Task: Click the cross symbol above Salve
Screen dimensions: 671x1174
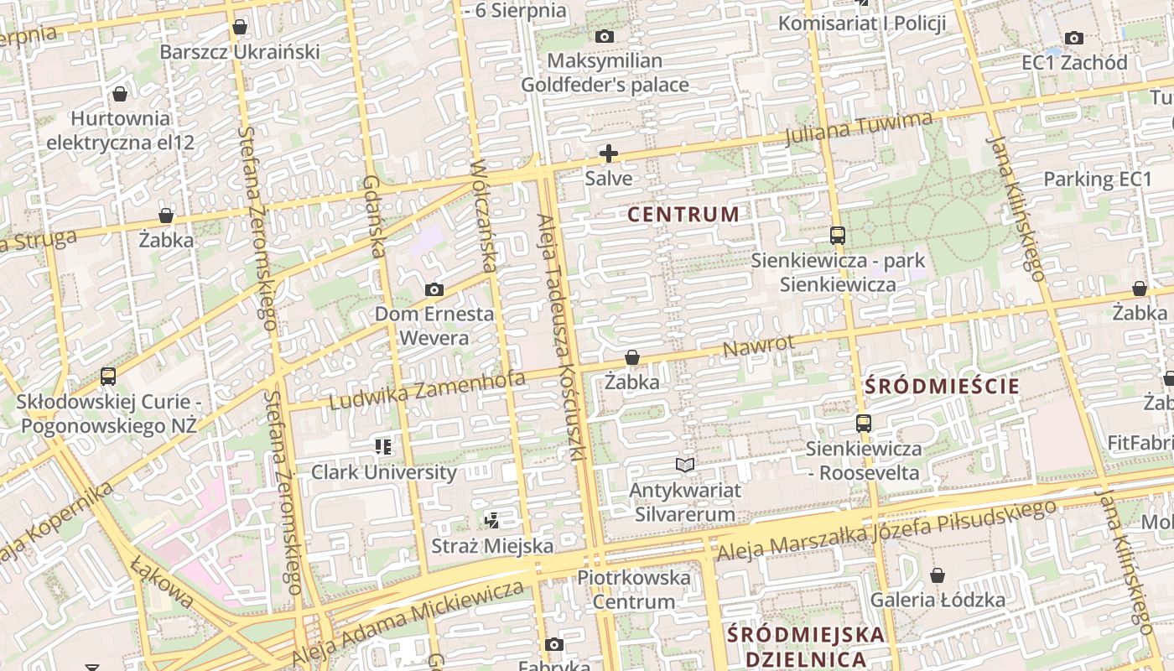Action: (609, 153)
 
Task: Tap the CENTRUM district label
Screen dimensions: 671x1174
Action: (683, 215)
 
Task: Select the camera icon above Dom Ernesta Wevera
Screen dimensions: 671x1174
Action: (434, 290)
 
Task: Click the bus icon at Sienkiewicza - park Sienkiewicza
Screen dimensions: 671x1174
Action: (837, 236)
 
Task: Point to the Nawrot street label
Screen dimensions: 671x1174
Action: (758, 346)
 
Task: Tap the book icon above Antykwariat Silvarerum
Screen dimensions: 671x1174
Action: (685, 465)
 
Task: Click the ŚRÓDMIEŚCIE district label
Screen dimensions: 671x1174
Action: (942, 387)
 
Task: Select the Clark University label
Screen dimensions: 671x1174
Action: (384, 472)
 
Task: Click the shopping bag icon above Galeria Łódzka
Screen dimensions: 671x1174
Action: (938, 575)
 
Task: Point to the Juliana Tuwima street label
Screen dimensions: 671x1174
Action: (859, 128)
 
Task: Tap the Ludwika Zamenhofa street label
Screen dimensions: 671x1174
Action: (427, 391)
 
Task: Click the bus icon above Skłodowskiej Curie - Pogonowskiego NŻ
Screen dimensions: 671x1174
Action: (108, 377)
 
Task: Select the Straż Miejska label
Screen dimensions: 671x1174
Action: (492, 546)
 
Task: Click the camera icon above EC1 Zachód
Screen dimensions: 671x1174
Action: (1073, 38)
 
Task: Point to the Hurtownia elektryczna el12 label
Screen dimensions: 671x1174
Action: (120, 131)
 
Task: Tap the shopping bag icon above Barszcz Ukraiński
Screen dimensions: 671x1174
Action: (240, 28)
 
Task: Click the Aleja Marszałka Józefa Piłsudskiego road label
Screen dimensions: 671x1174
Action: (886, 530)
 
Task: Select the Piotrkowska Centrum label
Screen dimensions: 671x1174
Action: (634, 590)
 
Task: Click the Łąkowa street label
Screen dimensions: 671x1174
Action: (163, 581)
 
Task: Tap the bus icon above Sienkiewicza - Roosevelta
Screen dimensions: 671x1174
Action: (864, 424)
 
